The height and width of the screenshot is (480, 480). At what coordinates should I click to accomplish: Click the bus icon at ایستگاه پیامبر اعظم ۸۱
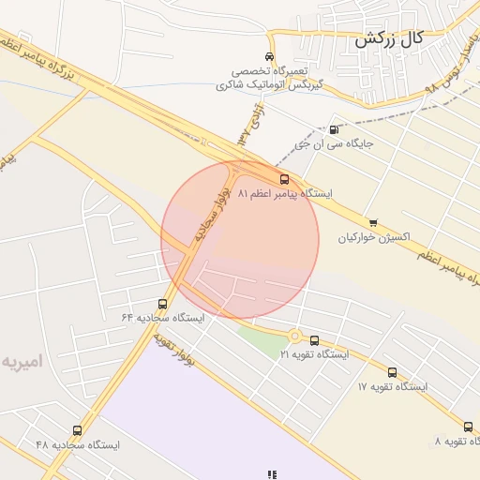[x=283, y=178]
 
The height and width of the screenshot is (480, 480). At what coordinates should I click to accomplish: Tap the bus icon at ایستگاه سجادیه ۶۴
[x=163, y=304]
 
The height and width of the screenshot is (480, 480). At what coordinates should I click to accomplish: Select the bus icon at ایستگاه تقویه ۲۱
[x=314, y=341]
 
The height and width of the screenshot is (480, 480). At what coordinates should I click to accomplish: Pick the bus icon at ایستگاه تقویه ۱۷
[x=392, y=372]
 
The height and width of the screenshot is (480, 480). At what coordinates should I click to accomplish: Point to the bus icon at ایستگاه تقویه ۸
[x=468, y=427]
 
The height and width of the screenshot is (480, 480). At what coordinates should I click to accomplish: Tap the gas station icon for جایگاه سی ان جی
[x=335, y=129]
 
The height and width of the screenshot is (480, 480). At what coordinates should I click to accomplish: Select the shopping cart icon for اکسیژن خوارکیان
[x=373, y=222]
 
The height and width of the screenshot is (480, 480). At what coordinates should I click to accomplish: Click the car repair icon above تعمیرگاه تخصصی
[x=270, y=56]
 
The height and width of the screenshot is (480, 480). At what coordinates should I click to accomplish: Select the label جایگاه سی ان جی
[x=334, y=144]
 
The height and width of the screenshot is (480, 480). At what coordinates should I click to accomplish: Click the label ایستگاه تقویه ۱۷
[x=392, y=386]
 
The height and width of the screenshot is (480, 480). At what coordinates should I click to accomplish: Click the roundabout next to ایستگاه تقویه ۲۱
[x=294, y=337]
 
